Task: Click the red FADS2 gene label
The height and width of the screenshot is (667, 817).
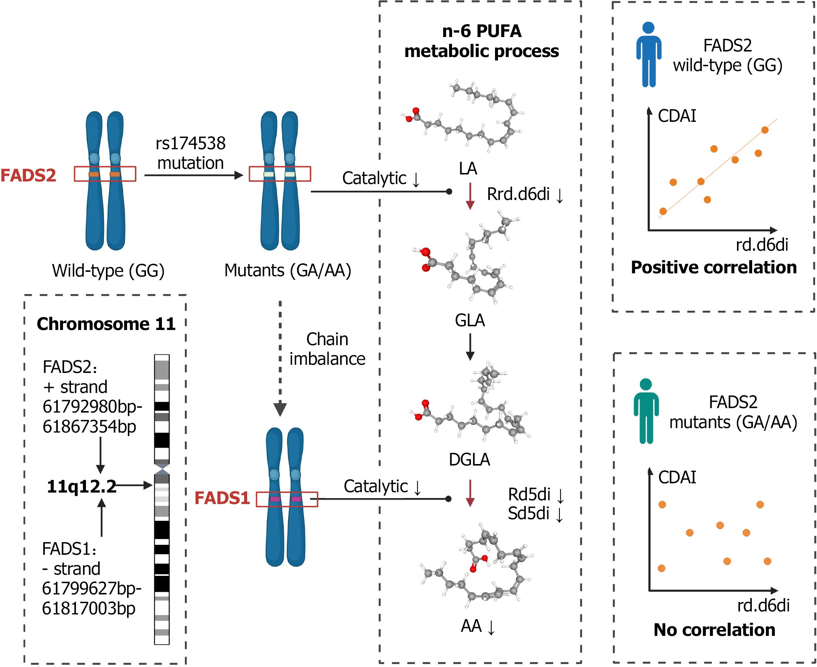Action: click(28, 175)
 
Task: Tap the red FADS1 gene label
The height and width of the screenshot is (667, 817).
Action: click(222, 498)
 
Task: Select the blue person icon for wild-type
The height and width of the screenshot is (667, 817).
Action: click(649, 54)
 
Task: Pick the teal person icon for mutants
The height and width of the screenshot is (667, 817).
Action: click(646, 411)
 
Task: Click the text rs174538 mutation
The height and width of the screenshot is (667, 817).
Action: click(190, 153)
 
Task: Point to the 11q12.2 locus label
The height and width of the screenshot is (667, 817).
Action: click(82, 486)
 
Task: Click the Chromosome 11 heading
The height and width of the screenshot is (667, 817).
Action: click(106, 324)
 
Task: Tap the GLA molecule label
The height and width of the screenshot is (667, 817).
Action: click(469, 320)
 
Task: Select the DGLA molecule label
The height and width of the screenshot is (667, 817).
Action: click(469, 460)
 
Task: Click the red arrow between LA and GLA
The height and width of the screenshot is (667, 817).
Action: click(469, 196)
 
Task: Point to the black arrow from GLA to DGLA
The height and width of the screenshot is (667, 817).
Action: click(469, 347)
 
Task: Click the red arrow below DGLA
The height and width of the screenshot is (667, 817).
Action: click(469, 493)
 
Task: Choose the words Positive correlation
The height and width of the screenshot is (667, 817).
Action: click(714, 267)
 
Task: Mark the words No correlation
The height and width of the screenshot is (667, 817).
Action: click(714, 630)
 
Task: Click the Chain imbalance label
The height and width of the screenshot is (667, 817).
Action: click(328, 349)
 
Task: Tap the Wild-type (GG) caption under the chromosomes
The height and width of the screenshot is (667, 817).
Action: click(108, 271)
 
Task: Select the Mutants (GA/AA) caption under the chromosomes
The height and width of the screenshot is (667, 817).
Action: click(288, 270)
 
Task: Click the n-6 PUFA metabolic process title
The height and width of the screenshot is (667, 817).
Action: click(482, 41)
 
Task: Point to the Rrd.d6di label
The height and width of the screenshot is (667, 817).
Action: click(518, 194)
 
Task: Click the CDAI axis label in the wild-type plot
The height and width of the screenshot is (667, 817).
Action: click(677, 116)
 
